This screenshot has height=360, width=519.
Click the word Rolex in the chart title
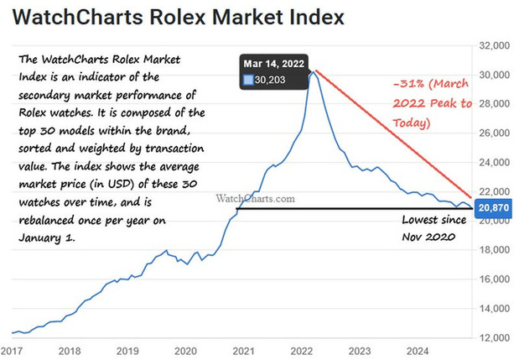(177, 17)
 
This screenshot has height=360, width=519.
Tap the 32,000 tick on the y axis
(494, 45)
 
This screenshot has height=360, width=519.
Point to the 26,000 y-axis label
(494, 133)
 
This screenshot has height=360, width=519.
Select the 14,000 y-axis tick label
(494, 308)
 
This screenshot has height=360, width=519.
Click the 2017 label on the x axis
(12, 351)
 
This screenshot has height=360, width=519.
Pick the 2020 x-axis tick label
(185, 351)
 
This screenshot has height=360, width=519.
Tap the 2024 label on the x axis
(418, 351)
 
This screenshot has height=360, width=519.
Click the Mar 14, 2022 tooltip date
(273, 64)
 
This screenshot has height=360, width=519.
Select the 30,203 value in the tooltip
(270, 80)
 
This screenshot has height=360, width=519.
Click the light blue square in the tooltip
(248, 80)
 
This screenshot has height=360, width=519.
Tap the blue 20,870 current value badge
(493, 208)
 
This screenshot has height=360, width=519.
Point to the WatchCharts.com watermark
(255, 198)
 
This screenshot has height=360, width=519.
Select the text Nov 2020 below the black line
(428, 237)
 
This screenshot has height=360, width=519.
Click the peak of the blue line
(313, 71)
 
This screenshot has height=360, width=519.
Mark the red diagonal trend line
(393, 134)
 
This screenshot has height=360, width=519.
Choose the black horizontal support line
(355, 209)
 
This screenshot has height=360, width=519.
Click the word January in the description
(40, 238)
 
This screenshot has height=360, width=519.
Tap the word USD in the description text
(118, 184)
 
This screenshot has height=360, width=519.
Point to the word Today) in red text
(412, 123)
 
